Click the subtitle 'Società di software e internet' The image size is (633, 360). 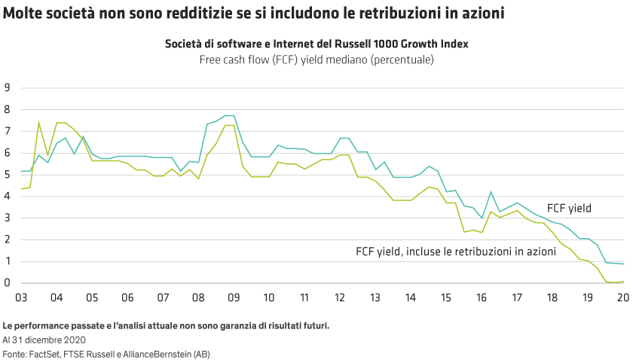point(316,44)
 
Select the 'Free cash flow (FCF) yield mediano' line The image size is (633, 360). point(316,59)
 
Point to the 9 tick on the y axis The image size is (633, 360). point(7,88)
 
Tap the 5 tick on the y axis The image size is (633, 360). point(7,175)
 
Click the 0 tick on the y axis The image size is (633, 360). point(7,283)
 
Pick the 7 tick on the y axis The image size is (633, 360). point(7,131)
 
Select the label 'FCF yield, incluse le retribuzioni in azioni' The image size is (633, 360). point(455,250)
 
